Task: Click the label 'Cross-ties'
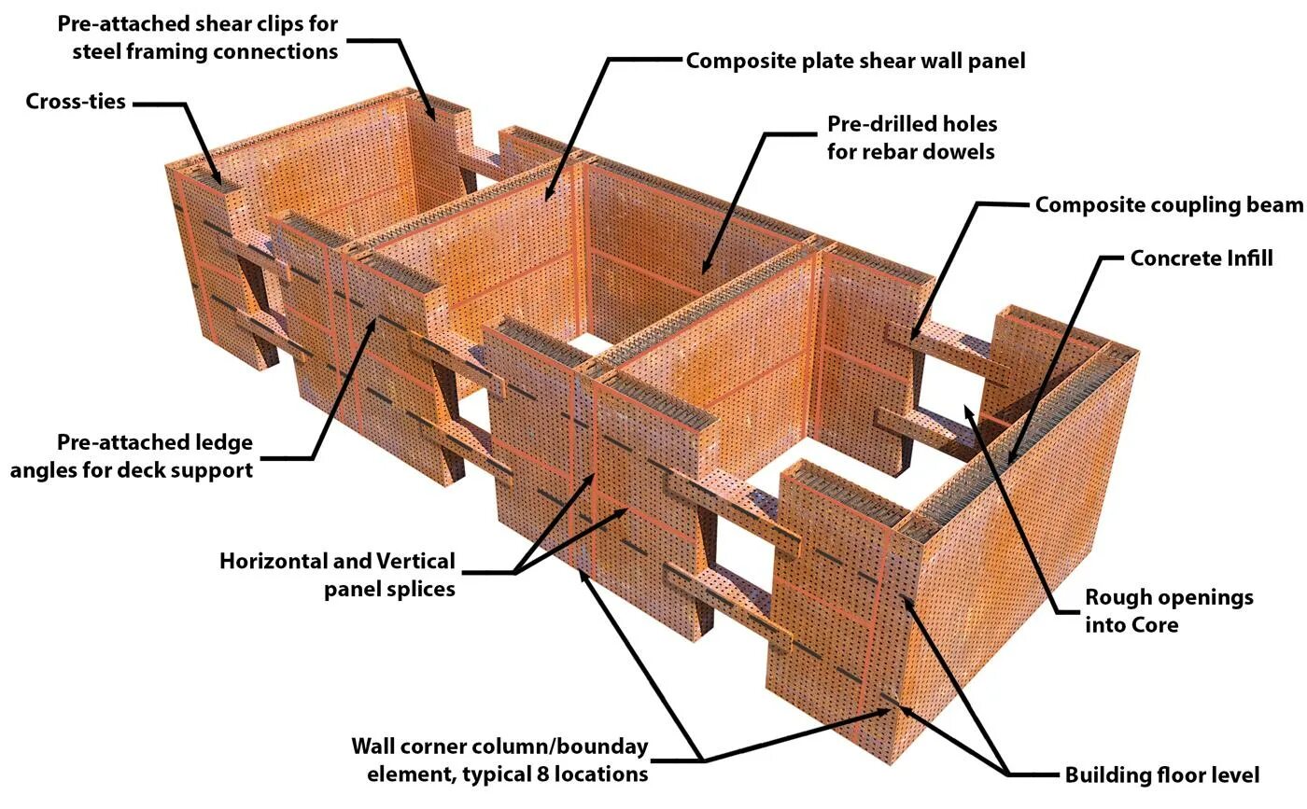[x=76, y=102]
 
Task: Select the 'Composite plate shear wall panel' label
[x=855, y=62]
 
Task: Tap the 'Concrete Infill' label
[x=1201, y=258]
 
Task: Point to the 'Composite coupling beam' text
[x=1168, y=205]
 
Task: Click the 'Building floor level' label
[x=1161, y=775]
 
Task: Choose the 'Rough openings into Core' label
[x=1168, y=610]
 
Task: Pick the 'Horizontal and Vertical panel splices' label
[x=337, y=575]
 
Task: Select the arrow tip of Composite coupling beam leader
[x=911, y=338]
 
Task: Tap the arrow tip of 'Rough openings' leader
[x=966, y=408]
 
